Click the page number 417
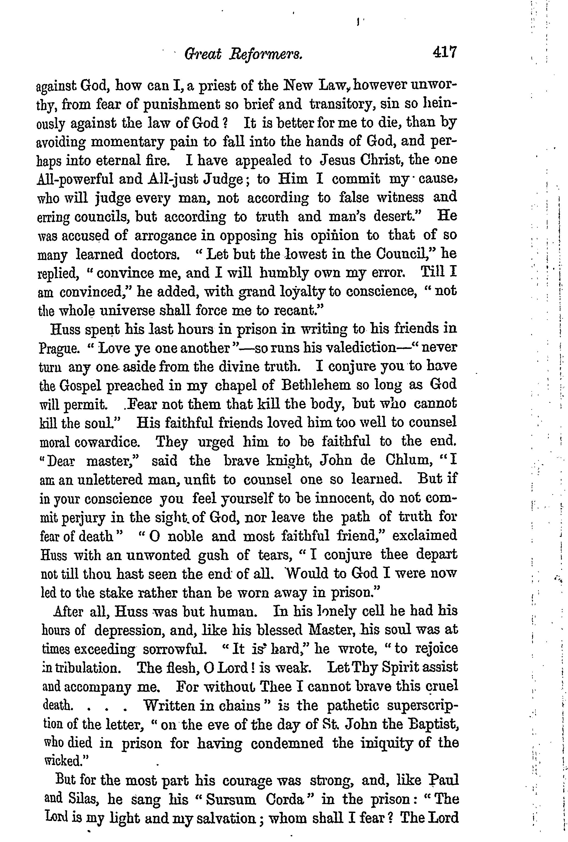coord(444,53)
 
